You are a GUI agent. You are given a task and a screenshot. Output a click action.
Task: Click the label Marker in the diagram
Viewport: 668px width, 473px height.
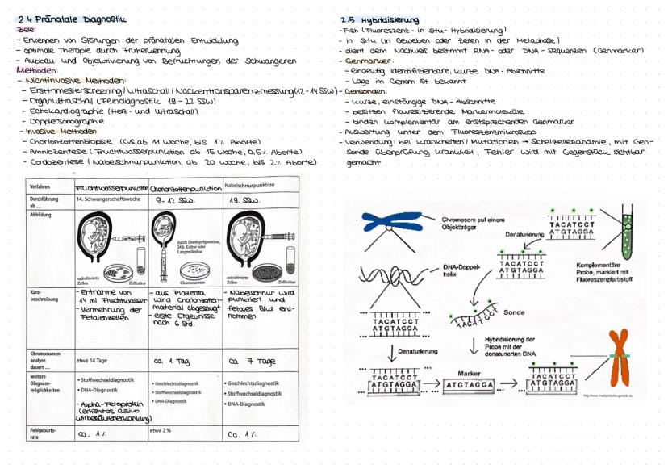pyautogui.click(x=470, y=374)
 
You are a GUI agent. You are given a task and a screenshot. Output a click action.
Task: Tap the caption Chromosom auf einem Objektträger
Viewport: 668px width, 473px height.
pyautogui.click(x=473, y=224)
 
